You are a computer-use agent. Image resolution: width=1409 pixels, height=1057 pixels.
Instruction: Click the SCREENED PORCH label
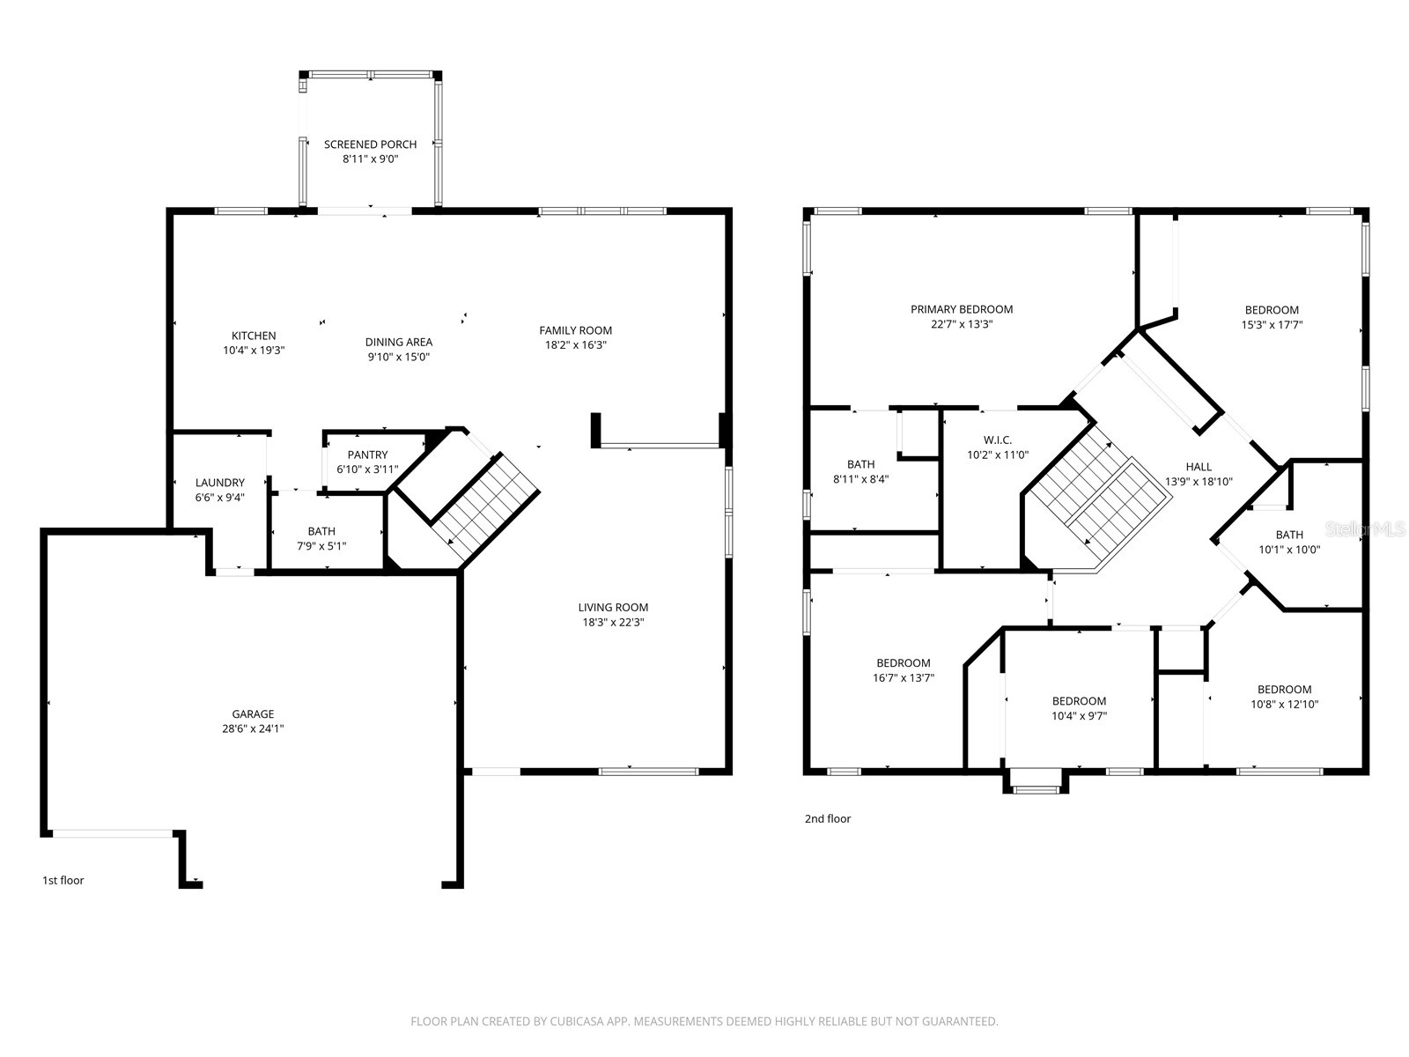370,144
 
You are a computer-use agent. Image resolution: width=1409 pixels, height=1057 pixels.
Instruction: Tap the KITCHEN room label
254,336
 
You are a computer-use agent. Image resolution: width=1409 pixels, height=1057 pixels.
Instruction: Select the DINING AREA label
399,342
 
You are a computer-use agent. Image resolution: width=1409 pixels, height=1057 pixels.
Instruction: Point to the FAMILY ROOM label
575,330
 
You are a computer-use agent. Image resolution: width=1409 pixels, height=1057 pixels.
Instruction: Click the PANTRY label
367,455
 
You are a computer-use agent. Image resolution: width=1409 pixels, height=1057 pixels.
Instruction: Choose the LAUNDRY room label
219,483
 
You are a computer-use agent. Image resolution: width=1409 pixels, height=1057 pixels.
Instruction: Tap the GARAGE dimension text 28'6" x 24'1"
253,728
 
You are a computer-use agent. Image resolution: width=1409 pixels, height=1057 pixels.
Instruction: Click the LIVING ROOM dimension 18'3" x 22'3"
613,622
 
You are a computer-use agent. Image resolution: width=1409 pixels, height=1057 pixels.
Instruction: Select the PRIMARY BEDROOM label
962,309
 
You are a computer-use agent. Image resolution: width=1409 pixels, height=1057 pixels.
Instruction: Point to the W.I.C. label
998,440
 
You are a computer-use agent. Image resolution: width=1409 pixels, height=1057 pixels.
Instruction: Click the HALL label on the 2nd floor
1199,467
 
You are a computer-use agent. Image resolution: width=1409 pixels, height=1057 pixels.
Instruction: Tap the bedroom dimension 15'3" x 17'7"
1272,325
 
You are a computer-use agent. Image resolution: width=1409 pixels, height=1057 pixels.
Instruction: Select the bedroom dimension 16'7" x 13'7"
904,677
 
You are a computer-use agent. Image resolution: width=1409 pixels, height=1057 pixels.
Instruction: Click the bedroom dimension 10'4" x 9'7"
1079,716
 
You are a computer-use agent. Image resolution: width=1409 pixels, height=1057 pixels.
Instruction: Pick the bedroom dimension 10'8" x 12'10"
1285,704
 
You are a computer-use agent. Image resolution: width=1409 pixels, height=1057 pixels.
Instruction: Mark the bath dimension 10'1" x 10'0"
1289,550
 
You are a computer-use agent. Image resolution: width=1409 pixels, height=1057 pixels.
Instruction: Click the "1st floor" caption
63,881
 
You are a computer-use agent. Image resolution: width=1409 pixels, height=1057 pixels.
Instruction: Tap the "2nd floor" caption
828,819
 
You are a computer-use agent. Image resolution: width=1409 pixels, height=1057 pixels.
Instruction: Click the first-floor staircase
484,507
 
